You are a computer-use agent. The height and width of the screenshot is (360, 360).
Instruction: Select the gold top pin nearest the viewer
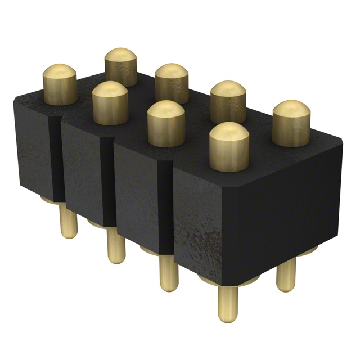229,146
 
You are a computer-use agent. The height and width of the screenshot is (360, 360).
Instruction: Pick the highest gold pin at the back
121,66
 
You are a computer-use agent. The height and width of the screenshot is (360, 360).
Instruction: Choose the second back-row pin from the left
172,83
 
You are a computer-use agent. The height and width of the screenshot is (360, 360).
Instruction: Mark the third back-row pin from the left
228,101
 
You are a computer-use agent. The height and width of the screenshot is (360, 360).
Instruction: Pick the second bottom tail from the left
116,247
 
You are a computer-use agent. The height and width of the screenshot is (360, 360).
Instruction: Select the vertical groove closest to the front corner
164,208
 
